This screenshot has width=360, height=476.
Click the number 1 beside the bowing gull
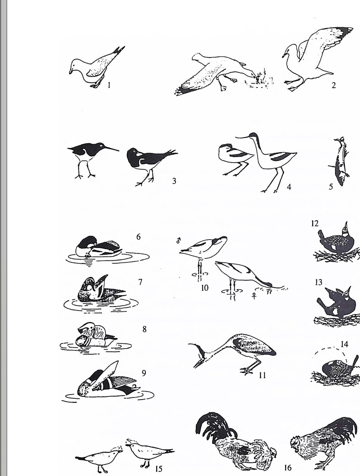tap(109, 85)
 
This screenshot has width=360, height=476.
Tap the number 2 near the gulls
tap(334, 85)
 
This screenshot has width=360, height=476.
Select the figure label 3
tap(174, 181)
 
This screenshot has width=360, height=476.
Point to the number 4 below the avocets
tap(289, 187)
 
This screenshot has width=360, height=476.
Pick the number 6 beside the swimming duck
tap(138, 237)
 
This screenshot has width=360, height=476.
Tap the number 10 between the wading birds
tap(205, 288)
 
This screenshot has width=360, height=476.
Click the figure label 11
tap(262, 375)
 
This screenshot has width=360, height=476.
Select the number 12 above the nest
tap(315, 223)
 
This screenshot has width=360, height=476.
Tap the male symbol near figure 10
tap(178, 240)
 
